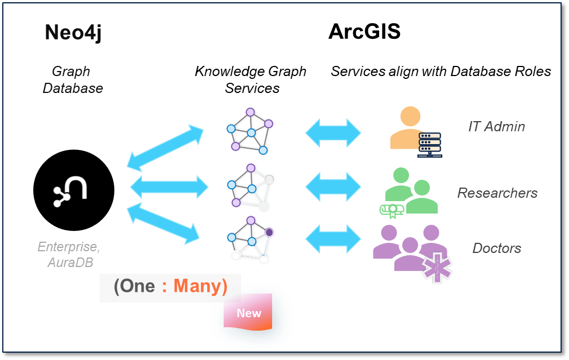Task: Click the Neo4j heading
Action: pos(73,33)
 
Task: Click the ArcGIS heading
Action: pos(364,32)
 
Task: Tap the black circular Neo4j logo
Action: pos(74,190)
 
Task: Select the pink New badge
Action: pos(248,313)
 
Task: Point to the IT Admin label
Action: pos(496,126)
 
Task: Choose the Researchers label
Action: pos(497,193)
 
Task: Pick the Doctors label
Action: pos(496,248)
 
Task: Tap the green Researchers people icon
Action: pos(411,192)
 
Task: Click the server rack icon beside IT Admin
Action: pos(429,145)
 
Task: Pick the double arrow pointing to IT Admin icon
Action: pos(333,133)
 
